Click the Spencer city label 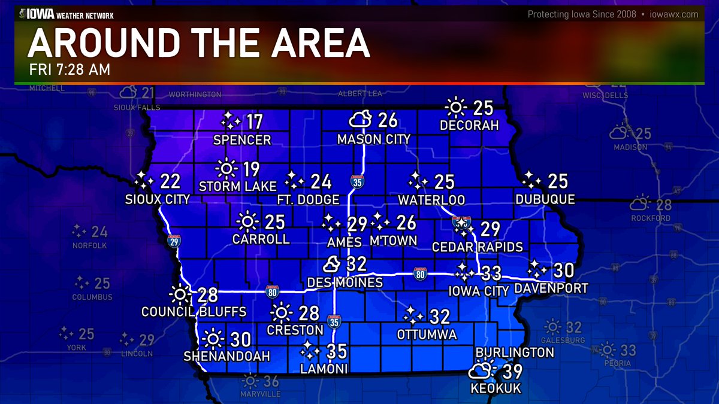(243, 140)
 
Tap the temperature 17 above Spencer (255, 123)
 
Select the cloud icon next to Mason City (361, 121)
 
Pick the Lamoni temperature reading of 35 (337, 351)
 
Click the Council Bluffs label (194, 312)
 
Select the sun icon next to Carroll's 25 (246, 222)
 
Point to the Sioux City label (158, 199)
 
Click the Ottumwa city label (427, 334)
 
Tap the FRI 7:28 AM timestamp (70, 69)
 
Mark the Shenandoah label (227, 356)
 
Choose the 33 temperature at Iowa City (491, 273)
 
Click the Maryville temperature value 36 (271, 381)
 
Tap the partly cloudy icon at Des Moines (332, 264)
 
